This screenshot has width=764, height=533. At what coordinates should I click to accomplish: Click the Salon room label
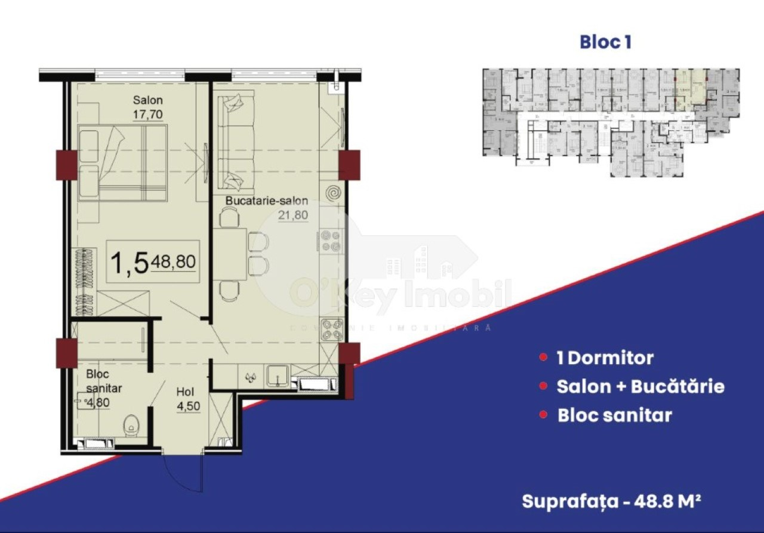pos(148,100)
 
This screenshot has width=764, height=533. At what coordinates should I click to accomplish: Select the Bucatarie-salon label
pos(266,201)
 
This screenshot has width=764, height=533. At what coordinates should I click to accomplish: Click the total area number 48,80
pos(174,261)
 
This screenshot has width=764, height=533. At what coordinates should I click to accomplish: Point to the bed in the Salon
pos(122,162)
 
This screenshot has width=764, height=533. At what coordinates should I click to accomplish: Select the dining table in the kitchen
pos(229,254)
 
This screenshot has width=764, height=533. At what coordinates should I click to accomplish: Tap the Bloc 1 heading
pos(605,42)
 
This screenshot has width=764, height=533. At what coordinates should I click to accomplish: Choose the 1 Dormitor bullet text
pos(605,358)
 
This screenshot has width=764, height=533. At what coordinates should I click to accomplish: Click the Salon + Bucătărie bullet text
pos(640,386)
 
